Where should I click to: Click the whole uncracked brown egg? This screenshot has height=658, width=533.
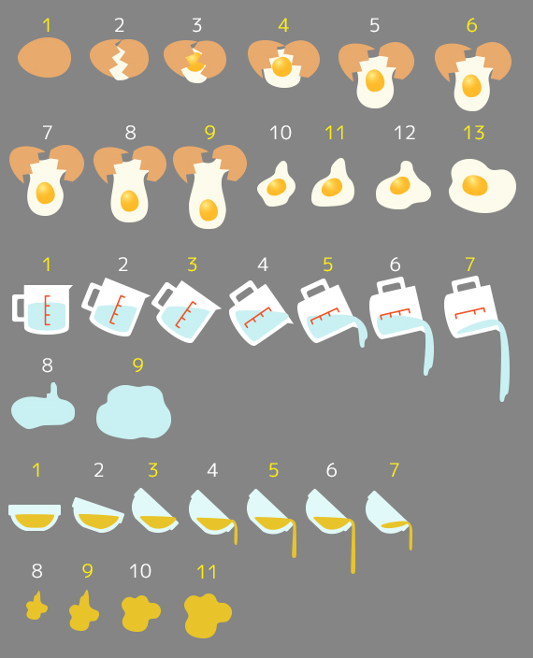(x=45, y=57)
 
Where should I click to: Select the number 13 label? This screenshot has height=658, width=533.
(x=474, y=133)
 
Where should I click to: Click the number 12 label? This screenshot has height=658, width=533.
(x=405, y=133)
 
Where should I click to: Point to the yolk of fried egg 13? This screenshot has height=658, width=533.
(x=475, y=185)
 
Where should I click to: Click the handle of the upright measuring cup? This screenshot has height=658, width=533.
(x=18, y=308)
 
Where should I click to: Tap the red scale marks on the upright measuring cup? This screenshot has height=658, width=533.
(x=47, y=310)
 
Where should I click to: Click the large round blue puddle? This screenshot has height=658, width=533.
(x=134, y=412)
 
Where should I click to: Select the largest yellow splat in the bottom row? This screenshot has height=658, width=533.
(x=208, y=616)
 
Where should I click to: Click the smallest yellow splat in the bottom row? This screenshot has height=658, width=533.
(x=36, y=607)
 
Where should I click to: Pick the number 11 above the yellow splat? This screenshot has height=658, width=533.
(x=207, y=572)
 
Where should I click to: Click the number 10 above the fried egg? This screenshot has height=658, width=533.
(x=280, y=133)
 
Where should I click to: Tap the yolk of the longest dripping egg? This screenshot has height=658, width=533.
(x=209, y=209)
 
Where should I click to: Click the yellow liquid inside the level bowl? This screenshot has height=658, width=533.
(x=35, y=521)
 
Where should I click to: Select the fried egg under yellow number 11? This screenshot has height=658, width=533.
(x=333, y=185)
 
